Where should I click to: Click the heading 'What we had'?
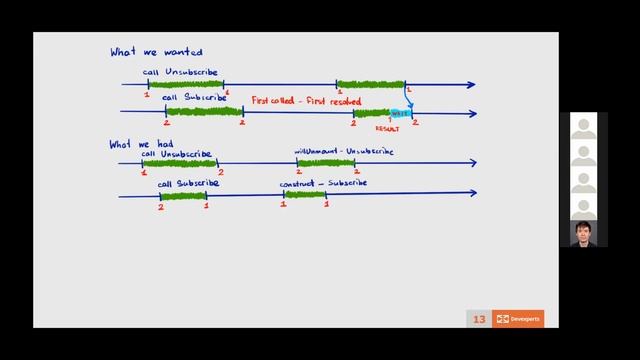pyautogui.click(x=137, y=144)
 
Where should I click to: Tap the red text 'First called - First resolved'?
pyautogui.click(x=292, y=101)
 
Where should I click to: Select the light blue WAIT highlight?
pyautogui.click(x=400, y=113)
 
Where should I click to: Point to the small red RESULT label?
pyautogui.click(x=387, y=128)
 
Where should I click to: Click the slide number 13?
pyautogui.click(x=479, y=319)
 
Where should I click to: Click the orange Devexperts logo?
pyautogui.click(x=518, y=319)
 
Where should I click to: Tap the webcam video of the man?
pyautogui.click(x=583, y=233)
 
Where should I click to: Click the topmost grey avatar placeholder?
pyautogui.click(x=583, y=129)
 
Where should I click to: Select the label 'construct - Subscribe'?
pyautogui.click(x=323, y=183)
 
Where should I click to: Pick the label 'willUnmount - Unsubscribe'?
pyautogui.click(x=344, y=152)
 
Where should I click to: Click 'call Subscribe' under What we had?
pyautogui.click(x=188, y=184)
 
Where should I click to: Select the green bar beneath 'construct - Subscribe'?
pyautogui.click(x=304, y=195)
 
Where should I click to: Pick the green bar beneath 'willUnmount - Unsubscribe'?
pyautogui.click(x=326, y=163)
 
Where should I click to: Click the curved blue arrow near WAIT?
pyautogui.click(x=409, y=99)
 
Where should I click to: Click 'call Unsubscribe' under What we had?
pyautogui.click(x=176, y=154)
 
